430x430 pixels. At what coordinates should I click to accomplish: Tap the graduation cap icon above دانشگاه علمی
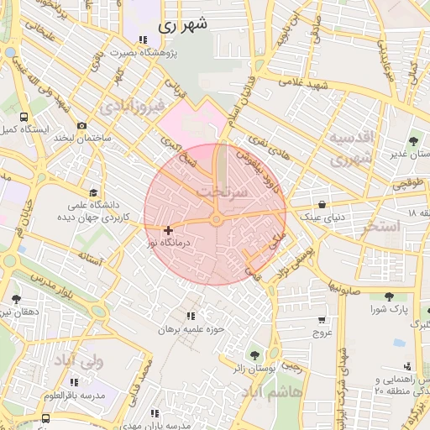tap(91, 192)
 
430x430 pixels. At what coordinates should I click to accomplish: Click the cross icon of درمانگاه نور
tap(168, 229)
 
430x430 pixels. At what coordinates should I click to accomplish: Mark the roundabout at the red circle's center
tap(216, 220)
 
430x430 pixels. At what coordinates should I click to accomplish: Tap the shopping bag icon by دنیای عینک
tap(322, 204)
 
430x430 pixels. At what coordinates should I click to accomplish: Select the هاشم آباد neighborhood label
tap(268, 392)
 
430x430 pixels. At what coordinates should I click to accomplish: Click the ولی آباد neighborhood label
tap(78, 362)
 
